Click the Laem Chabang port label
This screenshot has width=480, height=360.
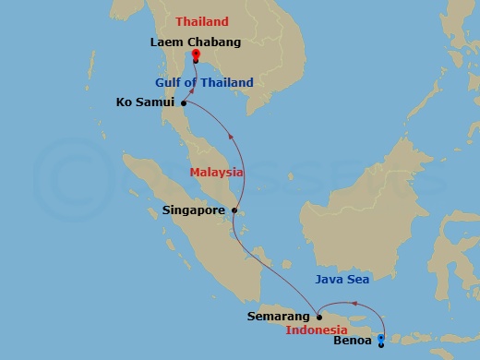(x=196, y=41)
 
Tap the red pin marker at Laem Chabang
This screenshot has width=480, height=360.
(x=196, y=55)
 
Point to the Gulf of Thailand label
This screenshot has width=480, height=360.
(x=204, y=83)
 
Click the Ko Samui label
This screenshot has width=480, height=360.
(x=145, y=102)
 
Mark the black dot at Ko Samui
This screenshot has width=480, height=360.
(x=184, y=102)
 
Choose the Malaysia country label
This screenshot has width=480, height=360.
(x=216, y=172)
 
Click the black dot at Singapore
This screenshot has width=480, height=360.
(x=234, y=210)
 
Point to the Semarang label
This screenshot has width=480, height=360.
(x=278, y=316)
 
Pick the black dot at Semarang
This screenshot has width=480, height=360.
(x=318, y=315)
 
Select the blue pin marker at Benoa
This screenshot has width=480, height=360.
(x=382, y=341)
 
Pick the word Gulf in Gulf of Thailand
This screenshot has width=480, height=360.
(x=170, y=83)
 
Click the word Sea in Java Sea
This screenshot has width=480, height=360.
(x=362, y=277)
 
